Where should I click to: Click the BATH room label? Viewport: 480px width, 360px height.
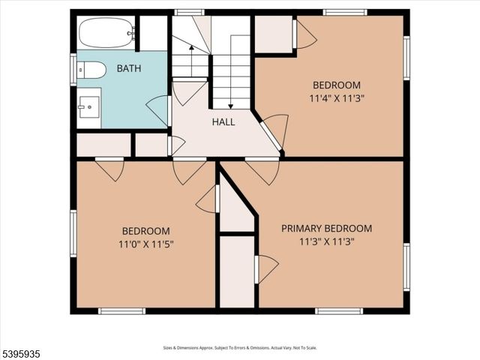click(129, 69)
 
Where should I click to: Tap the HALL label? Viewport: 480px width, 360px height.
click(223, 121)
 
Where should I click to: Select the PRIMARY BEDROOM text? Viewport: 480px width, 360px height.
click(326, 229)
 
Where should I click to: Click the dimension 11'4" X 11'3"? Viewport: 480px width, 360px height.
click(337, 97)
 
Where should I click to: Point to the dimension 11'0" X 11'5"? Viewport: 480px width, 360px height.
click(146, 244)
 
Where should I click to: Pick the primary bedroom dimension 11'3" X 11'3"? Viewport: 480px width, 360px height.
click(326, 241)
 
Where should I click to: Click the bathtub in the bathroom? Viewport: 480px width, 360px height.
click(106, 33)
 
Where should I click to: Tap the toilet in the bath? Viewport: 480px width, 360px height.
click(91, 70)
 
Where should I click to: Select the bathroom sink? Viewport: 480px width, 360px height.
click(89, 107)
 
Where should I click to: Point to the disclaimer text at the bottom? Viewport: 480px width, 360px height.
click(239, 348)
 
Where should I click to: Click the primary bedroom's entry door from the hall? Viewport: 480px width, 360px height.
click(262, 170)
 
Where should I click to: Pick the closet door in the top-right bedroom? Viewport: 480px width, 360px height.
click(304, 34)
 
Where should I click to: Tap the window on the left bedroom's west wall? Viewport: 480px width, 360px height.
click(73, 233)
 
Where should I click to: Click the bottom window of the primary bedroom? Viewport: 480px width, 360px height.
click(339, 310)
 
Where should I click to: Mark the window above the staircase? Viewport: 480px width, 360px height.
click(189, 12)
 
